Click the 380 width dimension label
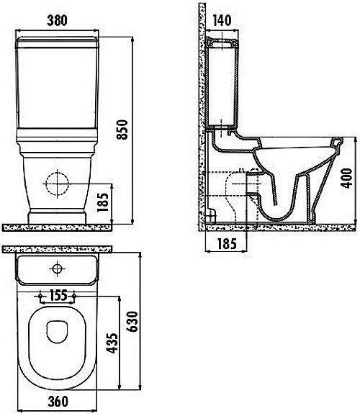57,20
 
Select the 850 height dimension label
122,130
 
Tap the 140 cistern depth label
222,20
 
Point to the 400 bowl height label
346,178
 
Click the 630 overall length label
132,322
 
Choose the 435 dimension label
112,343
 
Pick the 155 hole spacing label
58,295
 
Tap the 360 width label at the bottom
58,402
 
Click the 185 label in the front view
103,202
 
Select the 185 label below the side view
227,244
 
